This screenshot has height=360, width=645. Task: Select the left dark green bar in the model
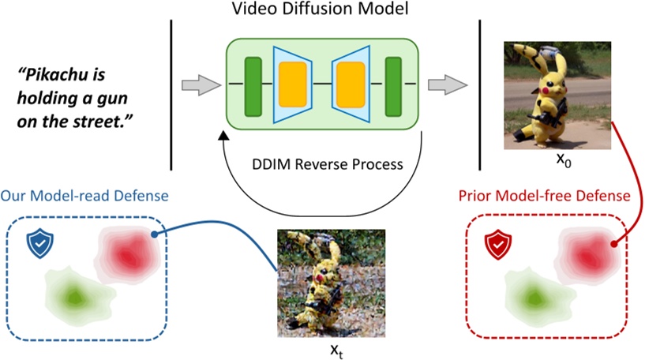pos(253,84)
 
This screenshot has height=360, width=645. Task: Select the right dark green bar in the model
pos(392,84)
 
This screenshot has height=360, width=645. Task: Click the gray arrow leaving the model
pos(444,84)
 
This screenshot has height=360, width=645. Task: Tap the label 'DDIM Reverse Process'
pos(326,165)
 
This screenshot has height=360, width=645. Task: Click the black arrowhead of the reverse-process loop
pos(226,137)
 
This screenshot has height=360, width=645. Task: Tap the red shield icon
pos(497,245)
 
